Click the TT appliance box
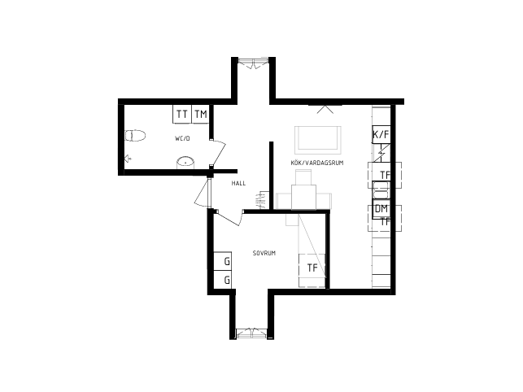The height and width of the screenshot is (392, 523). [x=182, y=114]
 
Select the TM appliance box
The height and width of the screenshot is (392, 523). [x=200, y=114]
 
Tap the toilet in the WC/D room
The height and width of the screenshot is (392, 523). [x=135, y=136]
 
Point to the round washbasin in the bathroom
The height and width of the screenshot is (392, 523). [x=185, y=163]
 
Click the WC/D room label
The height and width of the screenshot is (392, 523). [x=182, y=138]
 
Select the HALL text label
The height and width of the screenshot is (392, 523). [x=238, y=183]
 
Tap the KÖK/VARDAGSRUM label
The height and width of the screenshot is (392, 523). [x=317, y=163]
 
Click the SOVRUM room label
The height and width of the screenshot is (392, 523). [x=264, y=253]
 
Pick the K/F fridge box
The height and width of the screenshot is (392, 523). [x=381, y=134]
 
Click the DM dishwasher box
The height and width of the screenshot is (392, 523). [x=381, y=209]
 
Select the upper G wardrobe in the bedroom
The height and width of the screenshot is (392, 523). [x=223, y=261]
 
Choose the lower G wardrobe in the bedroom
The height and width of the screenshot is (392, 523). [x=223, y=280]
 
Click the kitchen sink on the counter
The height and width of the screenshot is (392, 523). [x=381, y=190]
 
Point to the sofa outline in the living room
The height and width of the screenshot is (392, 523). [x=318, y=140]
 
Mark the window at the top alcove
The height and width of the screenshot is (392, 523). [x=254, y=63]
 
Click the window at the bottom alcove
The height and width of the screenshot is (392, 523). [x=251, y=333]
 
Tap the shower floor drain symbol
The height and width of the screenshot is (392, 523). [x=128, y=159]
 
